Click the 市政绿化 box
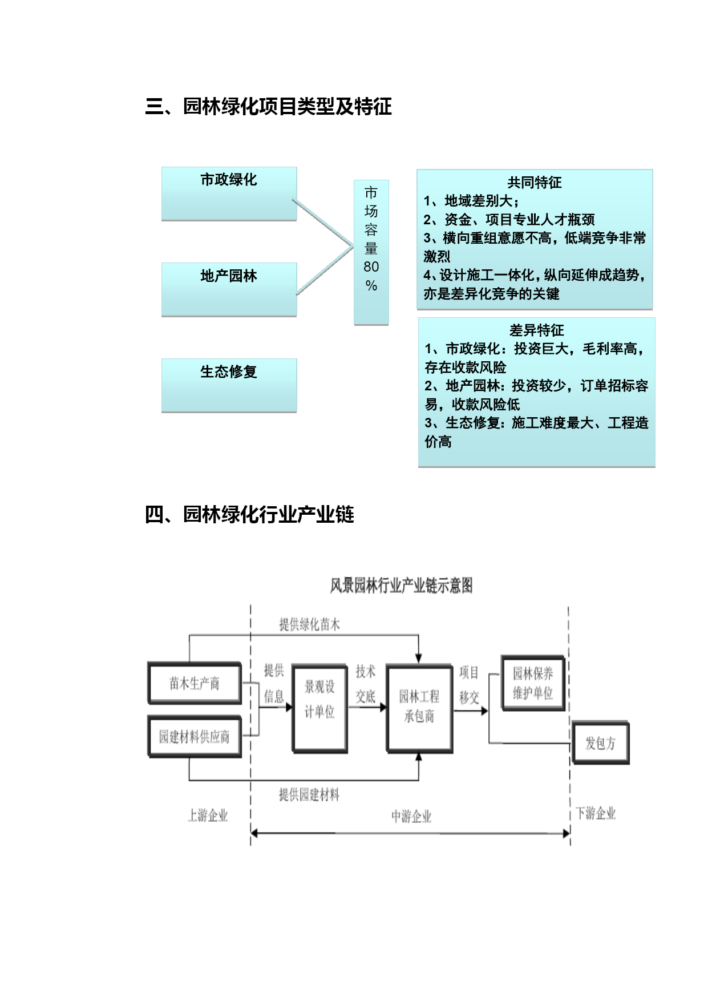[x=229, y=193]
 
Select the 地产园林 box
[x=229, y=289]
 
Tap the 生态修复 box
[x=229, y=385]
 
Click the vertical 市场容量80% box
[x=371, y=253]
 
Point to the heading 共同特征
[x=535, y=183]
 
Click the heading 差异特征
[x=536, y=330]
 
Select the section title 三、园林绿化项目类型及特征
[x=268, y=107]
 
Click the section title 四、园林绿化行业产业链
[x=249, y=515]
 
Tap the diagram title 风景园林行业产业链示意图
[x=401, y=586]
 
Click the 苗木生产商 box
[x=195, y=683]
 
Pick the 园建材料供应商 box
[x=195, y=737]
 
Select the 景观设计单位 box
[x=320, y=709]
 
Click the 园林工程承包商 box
[x=419, y=709]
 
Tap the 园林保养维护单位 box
[x=533, y=683]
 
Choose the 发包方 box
[x=600, y=743]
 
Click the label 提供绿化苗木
[x=309, y=625]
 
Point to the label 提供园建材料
[x=309, y=794]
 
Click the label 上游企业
[x=208, y=816]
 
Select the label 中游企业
[x=411, y=817]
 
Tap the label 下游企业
[x=596, y=813]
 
